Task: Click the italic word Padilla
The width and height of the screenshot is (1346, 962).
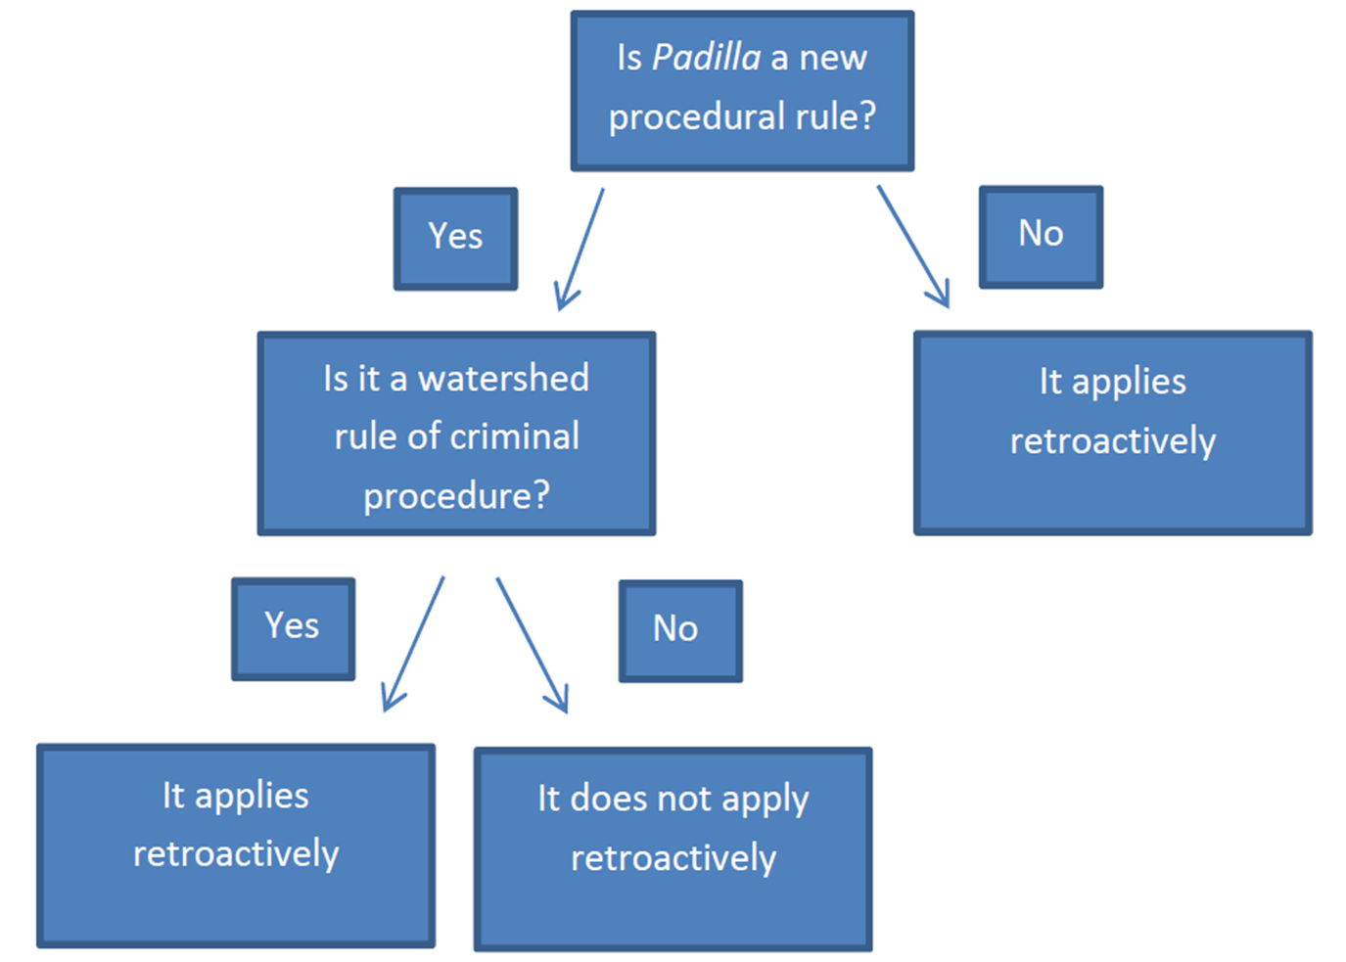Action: pos(706,58)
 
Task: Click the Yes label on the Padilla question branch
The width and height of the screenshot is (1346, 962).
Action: pos(455,236)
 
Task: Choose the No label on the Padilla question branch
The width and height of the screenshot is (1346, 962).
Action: pos(1041,233)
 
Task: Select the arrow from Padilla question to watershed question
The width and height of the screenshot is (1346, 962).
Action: pos(580,250)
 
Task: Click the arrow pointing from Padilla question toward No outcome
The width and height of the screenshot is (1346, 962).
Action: pos(913,247)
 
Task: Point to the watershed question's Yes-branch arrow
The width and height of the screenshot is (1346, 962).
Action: pos(413,644)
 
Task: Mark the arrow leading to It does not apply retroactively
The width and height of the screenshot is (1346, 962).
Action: pos(532,645)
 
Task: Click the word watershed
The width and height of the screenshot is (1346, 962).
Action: pos(503,379)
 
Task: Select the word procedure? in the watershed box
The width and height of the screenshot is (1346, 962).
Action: pos(457,496)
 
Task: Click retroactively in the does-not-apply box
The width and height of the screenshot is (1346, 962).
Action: pos(673,858)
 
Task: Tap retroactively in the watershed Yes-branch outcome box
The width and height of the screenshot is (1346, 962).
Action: pos(236,853)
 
